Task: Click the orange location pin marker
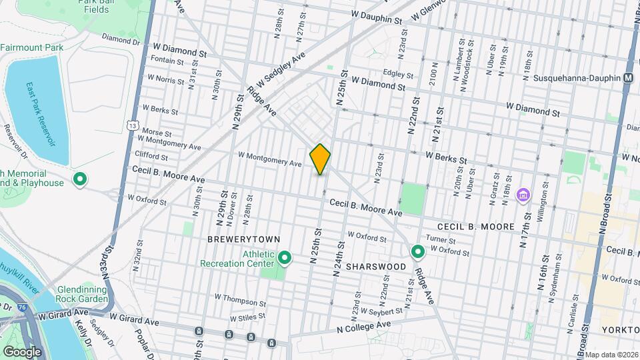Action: point(321,159)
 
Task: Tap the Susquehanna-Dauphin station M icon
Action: point(628,78)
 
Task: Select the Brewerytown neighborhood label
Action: point(243,239)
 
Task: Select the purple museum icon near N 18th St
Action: point(524,195)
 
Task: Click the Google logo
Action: point(22,351)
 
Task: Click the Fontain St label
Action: point(167,61)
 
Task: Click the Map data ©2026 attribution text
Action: point(611,355)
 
